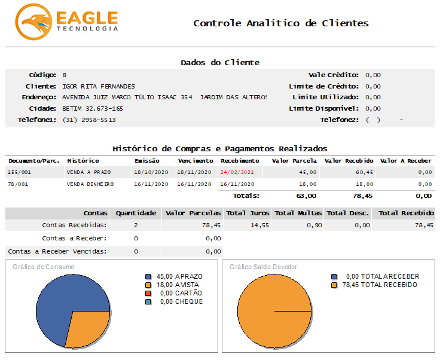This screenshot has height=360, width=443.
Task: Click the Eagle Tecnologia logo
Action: [66, 22]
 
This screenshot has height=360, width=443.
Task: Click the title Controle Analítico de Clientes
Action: [280, 23]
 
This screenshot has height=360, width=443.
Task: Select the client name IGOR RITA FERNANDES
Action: [99, 86]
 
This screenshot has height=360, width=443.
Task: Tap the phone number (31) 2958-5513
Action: [88, 120]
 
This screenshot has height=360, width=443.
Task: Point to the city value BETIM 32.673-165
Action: [93, 108]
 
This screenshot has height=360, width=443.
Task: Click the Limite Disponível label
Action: [323, 108]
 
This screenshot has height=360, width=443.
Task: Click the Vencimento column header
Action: [195, 161]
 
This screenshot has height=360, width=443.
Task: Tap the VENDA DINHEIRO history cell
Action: [90, 184]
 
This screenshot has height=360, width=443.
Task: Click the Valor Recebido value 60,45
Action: [363, 172]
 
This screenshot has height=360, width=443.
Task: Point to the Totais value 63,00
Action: [306, 196]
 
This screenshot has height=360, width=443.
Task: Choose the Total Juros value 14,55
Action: [258, 225]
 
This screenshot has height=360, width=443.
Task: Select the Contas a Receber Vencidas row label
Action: [57, 251]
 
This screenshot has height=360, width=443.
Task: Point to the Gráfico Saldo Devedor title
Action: [255, 267]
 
